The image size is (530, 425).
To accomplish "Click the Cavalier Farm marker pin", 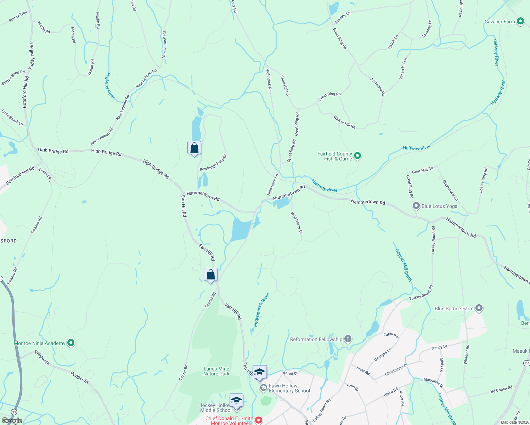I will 520,22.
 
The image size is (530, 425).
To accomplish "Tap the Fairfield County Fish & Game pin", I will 357,156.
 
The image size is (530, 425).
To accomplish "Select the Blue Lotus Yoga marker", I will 416,206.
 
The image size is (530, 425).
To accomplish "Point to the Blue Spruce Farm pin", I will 479,308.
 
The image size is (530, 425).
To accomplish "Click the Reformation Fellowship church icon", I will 348,339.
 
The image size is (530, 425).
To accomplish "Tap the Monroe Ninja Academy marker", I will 71,343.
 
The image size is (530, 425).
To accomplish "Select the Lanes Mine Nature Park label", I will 216,371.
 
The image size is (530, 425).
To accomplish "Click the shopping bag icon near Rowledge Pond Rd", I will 194,148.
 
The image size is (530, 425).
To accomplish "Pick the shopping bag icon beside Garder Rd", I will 210,274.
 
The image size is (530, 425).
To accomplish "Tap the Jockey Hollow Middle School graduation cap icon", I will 236,400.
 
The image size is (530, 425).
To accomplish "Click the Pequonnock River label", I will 261,310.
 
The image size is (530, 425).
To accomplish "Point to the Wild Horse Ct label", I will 297,223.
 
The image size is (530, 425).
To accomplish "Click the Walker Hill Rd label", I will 344,122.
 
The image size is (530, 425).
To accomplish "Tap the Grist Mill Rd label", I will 422,170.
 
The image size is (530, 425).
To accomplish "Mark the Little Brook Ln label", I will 12,118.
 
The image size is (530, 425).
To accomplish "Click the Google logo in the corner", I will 12,420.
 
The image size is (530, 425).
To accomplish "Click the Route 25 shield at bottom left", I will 14,412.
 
